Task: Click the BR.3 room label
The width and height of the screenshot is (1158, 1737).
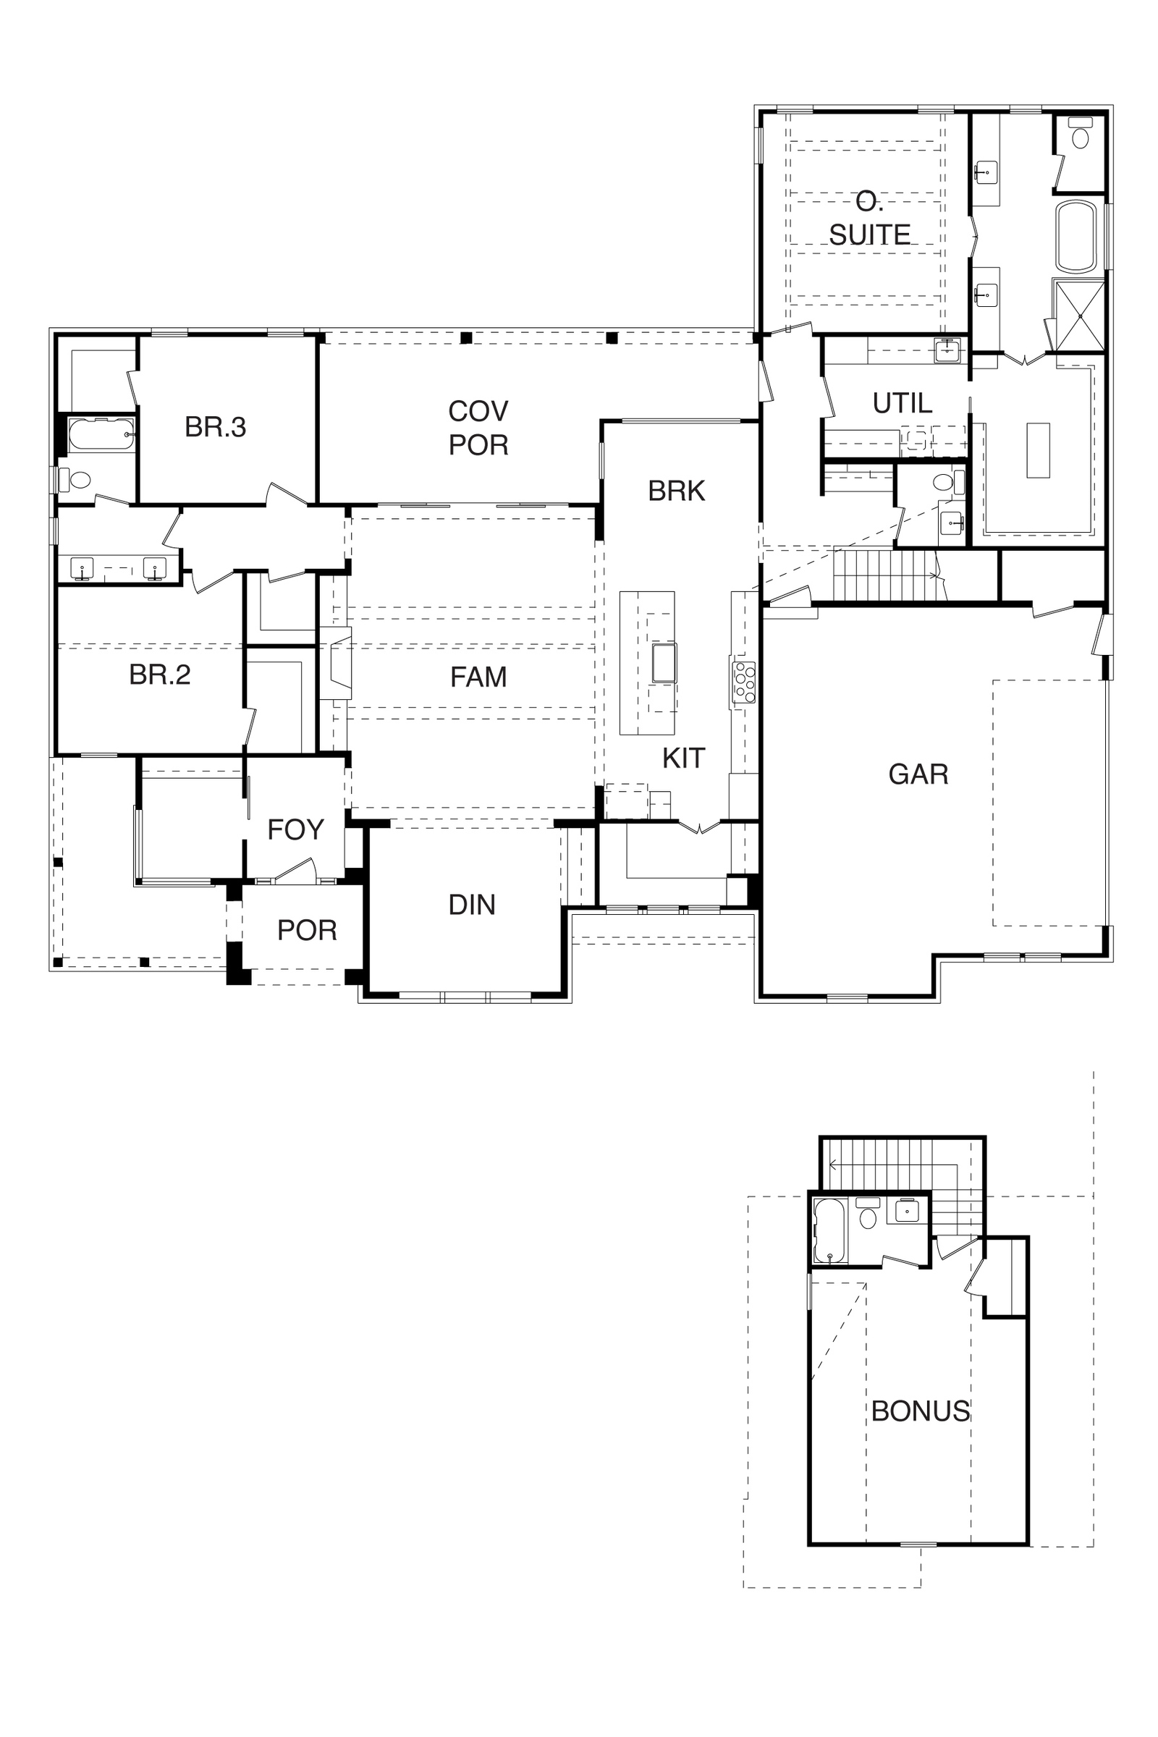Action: pyautogui.click(x=215, y=427)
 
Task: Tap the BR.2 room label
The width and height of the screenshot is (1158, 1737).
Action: pyautogui.click(x=159, y=675)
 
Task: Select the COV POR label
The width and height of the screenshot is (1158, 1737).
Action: pyautogui.click(x=478, y=428)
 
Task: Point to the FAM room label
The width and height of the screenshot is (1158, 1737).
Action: pyautogui.click(x=478, y=677)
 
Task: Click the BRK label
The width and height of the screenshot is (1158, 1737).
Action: pyautogui.click(x=677, y=491)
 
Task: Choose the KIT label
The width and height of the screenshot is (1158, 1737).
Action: pyautogui.click(x=683, y=758)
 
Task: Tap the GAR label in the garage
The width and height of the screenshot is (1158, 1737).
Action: pyautogui.click(x=918, y=774)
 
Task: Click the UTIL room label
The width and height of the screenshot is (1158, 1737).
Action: pyautogui.click(x=903, y=403)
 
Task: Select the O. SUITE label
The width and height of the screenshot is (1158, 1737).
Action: pyautogui.click(x=869, y=219)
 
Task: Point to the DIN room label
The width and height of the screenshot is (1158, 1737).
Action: pyautogui.click(x=472, y=905)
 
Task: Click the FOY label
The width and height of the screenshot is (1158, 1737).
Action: pyautogui.click(x=295, y=830)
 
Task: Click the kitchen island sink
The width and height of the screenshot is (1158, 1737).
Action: pyautogui.click(x=664, y=662)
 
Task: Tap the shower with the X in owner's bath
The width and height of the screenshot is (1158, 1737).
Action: pyautogui.click(x=1080, y=316)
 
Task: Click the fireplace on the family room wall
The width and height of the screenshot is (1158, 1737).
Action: pyautogui.click(x=335, y=663)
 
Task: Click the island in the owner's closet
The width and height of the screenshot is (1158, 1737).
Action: pyautogui.click(x=1038, y=450)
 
